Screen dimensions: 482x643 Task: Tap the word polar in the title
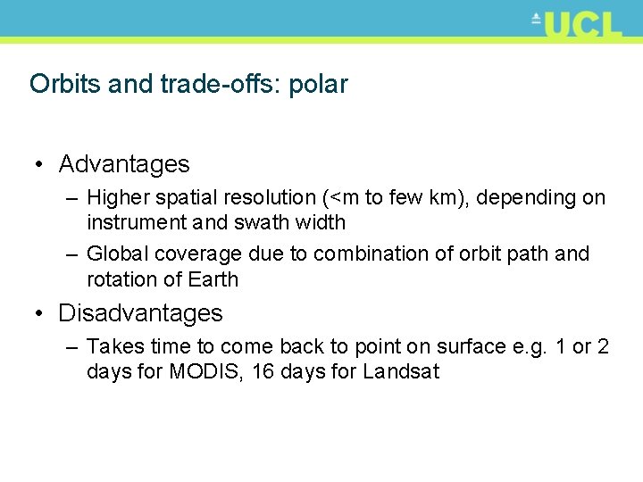(318, 84)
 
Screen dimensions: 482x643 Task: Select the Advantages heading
(124, 164)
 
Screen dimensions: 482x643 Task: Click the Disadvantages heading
(140, 313)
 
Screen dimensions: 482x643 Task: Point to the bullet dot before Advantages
(39, 165)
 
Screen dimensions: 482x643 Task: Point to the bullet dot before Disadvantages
(39, 314)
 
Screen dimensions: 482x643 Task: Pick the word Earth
(213, 279)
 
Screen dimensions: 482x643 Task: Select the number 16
(263, 371)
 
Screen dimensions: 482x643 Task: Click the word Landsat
(401, 371)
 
